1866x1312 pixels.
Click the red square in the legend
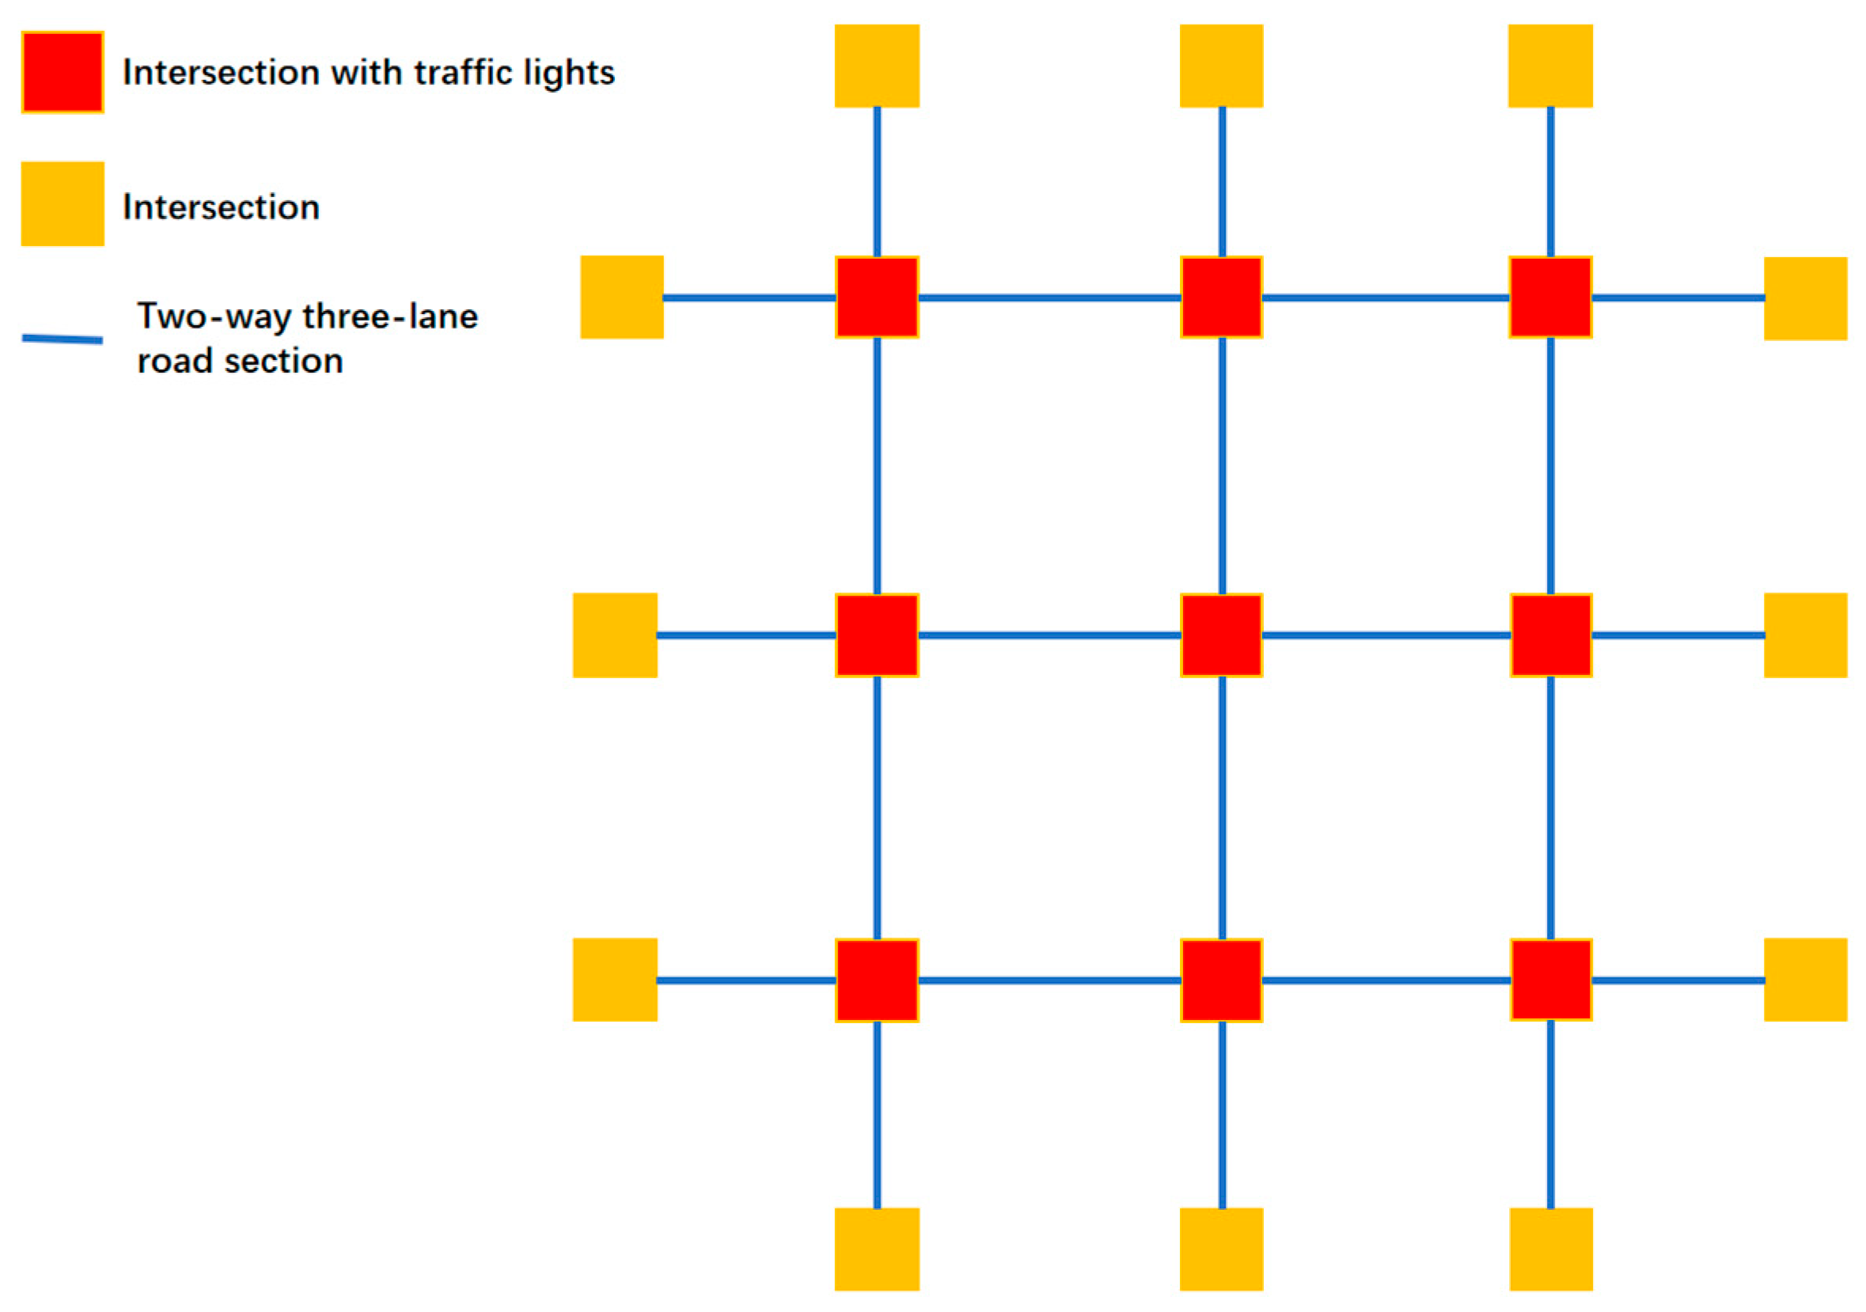click(x=63, y=72)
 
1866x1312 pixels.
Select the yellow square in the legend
click(x=63, y=203)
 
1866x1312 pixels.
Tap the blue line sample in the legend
click(x=63, y=339)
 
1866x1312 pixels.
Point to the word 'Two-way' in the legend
click(x=214, y=317)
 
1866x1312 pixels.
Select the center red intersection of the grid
click(x=1221, y=635)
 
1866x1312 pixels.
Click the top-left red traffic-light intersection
click(x=877, y=297)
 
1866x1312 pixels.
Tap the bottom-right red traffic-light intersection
click(x=1551, y=980)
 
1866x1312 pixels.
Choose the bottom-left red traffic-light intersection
click(x=877, y=980)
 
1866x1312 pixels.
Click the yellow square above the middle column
click(x=1221, y=66)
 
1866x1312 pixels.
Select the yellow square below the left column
click(x=877, y=1249)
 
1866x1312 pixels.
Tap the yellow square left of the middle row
click(x=615, y=635)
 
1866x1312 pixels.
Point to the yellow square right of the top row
click(x=1805, y=298)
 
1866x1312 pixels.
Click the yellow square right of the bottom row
click(x=1805, y=980)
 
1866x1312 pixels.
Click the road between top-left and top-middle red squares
click(x=1049, y=298)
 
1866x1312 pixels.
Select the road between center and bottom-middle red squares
click(x=1222, y=807)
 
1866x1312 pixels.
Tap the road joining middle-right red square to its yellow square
click(x=1678, y=635)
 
